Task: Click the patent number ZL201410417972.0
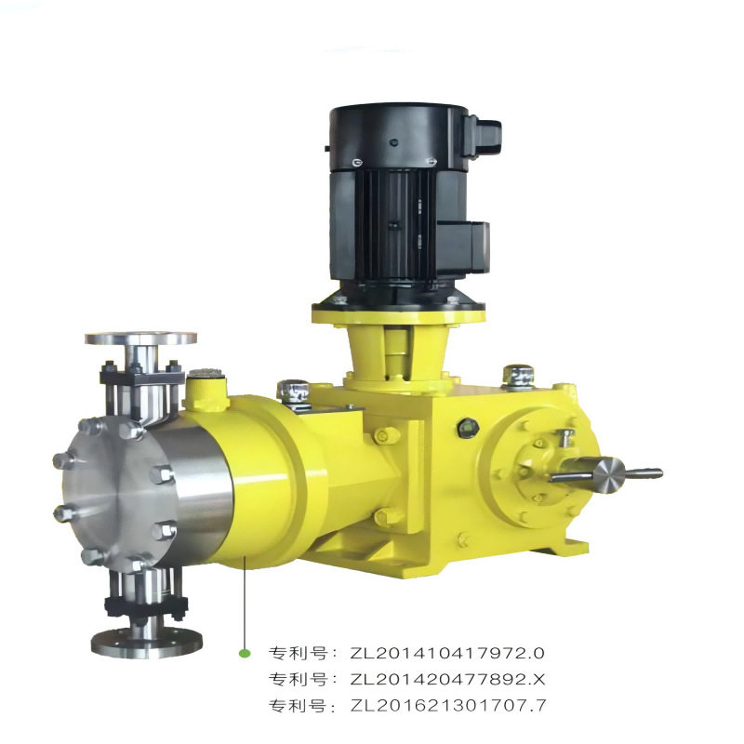(447, 654)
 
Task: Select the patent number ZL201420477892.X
(448, 680)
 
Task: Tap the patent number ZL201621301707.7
(448, 706)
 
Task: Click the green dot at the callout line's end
(245, 654)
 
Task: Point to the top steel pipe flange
(141, 338)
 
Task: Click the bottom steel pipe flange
(147, 642)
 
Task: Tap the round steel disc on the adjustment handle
(609, 475)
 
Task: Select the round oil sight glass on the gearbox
(468, 428)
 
